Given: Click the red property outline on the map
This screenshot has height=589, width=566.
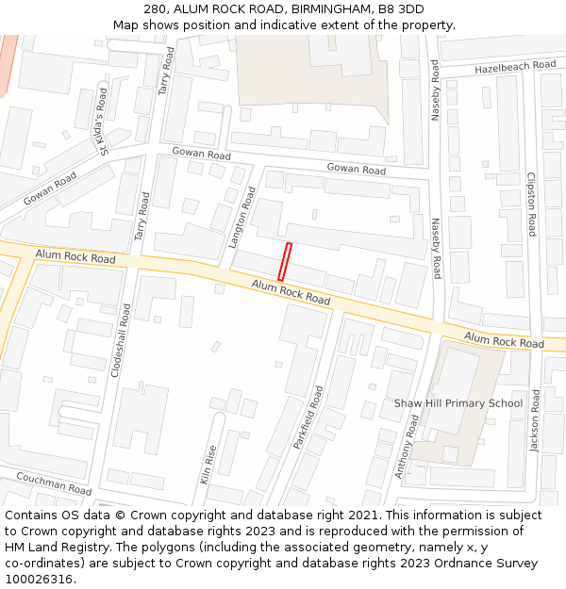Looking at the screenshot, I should pos(285,261).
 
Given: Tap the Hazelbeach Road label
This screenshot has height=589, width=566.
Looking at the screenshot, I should pos(516,67).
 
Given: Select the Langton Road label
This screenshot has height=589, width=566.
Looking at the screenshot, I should pos(242,217).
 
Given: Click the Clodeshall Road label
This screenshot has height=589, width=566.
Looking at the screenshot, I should pos(122,340).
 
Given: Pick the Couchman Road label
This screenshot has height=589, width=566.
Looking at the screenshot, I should pos(54,483).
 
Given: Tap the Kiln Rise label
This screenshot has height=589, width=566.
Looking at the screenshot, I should pos(208,465).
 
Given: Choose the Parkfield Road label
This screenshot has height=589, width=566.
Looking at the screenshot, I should pos(308,417).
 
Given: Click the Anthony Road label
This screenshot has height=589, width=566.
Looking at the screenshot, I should pos(408,447).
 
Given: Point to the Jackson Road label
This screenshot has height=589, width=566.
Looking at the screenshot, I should pos(535,421).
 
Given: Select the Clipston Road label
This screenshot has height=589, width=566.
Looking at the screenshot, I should pos(532,204).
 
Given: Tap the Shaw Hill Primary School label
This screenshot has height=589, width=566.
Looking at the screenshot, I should pos(458,403).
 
